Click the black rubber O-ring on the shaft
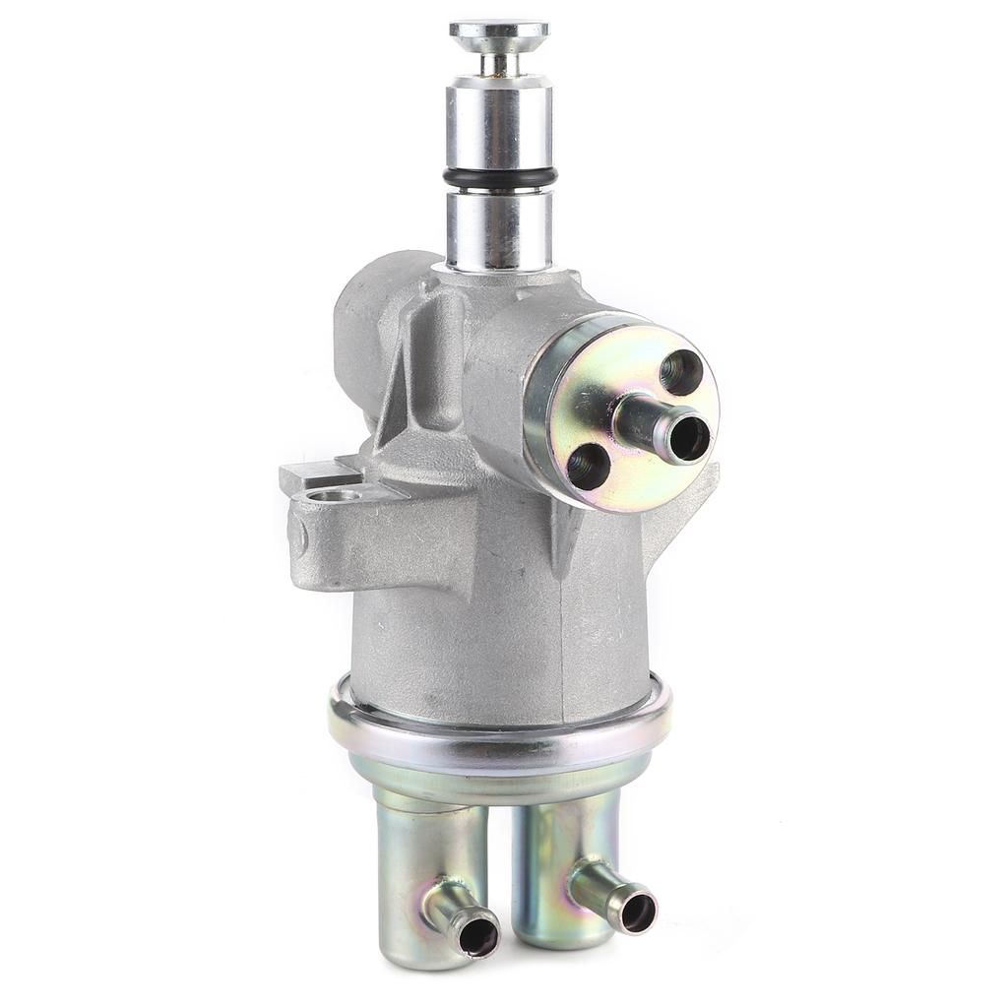coord(499,178)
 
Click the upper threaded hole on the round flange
coord(681,371)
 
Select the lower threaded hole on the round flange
coord(589,466)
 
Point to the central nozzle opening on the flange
coord(688,437)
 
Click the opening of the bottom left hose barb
coord(478,936)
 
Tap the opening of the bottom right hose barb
coord(637,912)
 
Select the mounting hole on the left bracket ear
coord(334,494)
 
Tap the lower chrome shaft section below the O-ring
coord(499,228)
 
